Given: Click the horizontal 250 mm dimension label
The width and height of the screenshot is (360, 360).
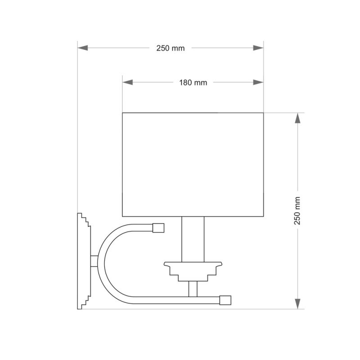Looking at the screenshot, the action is [171, 48].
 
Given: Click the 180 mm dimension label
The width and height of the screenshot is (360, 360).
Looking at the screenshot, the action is [193, 83].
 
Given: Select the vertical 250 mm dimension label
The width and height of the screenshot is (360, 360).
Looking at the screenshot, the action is [297, 211].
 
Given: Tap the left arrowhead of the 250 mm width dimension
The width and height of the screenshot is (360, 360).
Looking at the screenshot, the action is [83, 48].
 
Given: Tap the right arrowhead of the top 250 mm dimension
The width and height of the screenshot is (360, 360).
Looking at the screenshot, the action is [258, 48].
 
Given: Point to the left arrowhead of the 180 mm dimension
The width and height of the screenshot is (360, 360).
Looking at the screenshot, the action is [128, 82].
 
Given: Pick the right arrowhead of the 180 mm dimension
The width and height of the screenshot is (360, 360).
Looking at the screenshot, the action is [258, 82].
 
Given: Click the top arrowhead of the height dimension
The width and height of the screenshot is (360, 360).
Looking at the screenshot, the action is [297, 118].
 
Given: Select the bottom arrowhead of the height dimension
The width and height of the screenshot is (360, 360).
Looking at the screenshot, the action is [297, 304].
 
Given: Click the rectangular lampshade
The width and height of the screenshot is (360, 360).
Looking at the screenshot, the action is [193, 165].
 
